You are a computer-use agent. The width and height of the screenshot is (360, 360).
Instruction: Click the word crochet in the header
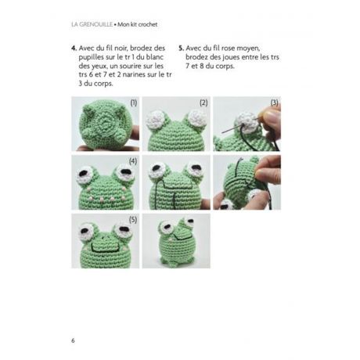pos(148,24)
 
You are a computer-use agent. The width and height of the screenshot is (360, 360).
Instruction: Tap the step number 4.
pos(74,49)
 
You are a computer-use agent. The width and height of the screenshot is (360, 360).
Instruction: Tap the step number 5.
pos(182,49)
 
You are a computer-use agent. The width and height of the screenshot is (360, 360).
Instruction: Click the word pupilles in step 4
pos(92,58)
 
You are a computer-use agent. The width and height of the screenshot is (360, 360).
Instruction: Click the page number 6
pos(73,340)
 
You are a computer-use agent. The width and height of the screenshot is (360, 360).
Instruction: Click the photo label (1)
pos(134,103)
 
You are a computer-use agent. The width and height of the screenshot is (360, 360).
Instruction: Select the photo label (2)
pos(203,103)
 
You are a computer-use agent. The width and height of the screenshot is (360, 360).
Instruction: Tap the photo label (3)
pos(275,103)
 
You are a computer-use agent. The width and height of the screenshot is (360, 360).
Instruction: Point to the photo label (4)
pos(133,161)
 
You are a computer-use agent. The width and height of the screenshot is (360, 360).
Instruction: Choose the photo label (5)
pos(133,220)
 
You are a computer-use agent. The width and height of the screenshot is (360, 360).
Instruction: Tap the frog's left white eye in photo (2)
pos(156,120)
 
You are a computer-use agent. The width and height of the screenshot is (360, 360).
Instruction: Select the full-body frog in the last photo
pos(176,241)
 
